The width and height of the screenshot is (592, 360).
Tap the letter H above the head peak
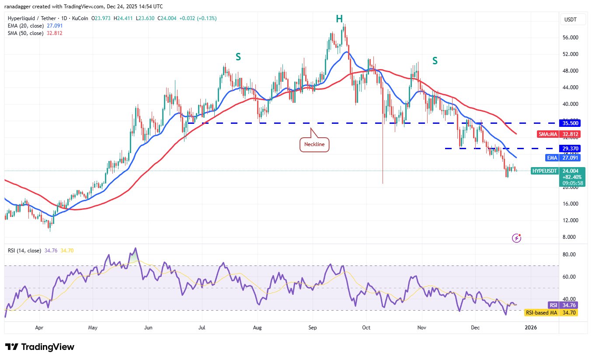(x=339, y=18)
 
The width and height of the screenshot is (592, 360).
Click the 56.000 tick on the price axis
(x=571, y=38)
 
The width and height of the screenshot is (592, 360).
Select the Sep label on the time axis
(x=312, y=327)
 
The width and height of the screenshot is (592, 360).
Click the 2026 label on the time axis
(x=531, y=327)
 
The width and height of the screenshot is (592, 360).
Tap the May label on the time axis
(x=92, y=327)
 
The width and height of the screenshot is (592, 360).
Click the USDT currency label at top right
(x=571, y=20)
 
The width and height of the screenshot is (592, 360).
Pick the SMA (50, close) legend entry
(x=25, y=33)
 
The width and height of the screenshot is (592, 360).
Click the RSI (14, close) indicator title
(x=24, y=251)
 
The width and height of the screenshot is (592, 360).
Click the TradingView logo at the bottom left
(x=40, y=347)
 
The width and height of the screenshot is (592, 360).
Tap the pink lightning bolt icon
(x=517, y=238)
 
